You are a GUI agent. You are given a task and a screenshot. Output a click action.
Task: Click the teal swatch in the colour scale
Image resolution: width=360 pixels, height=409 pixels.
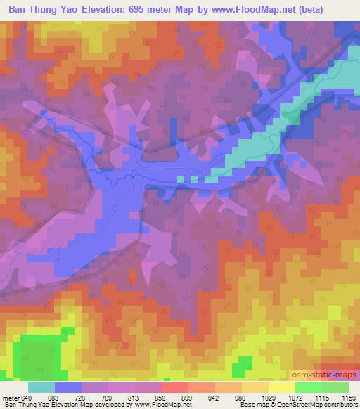[x=42, y=387]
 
